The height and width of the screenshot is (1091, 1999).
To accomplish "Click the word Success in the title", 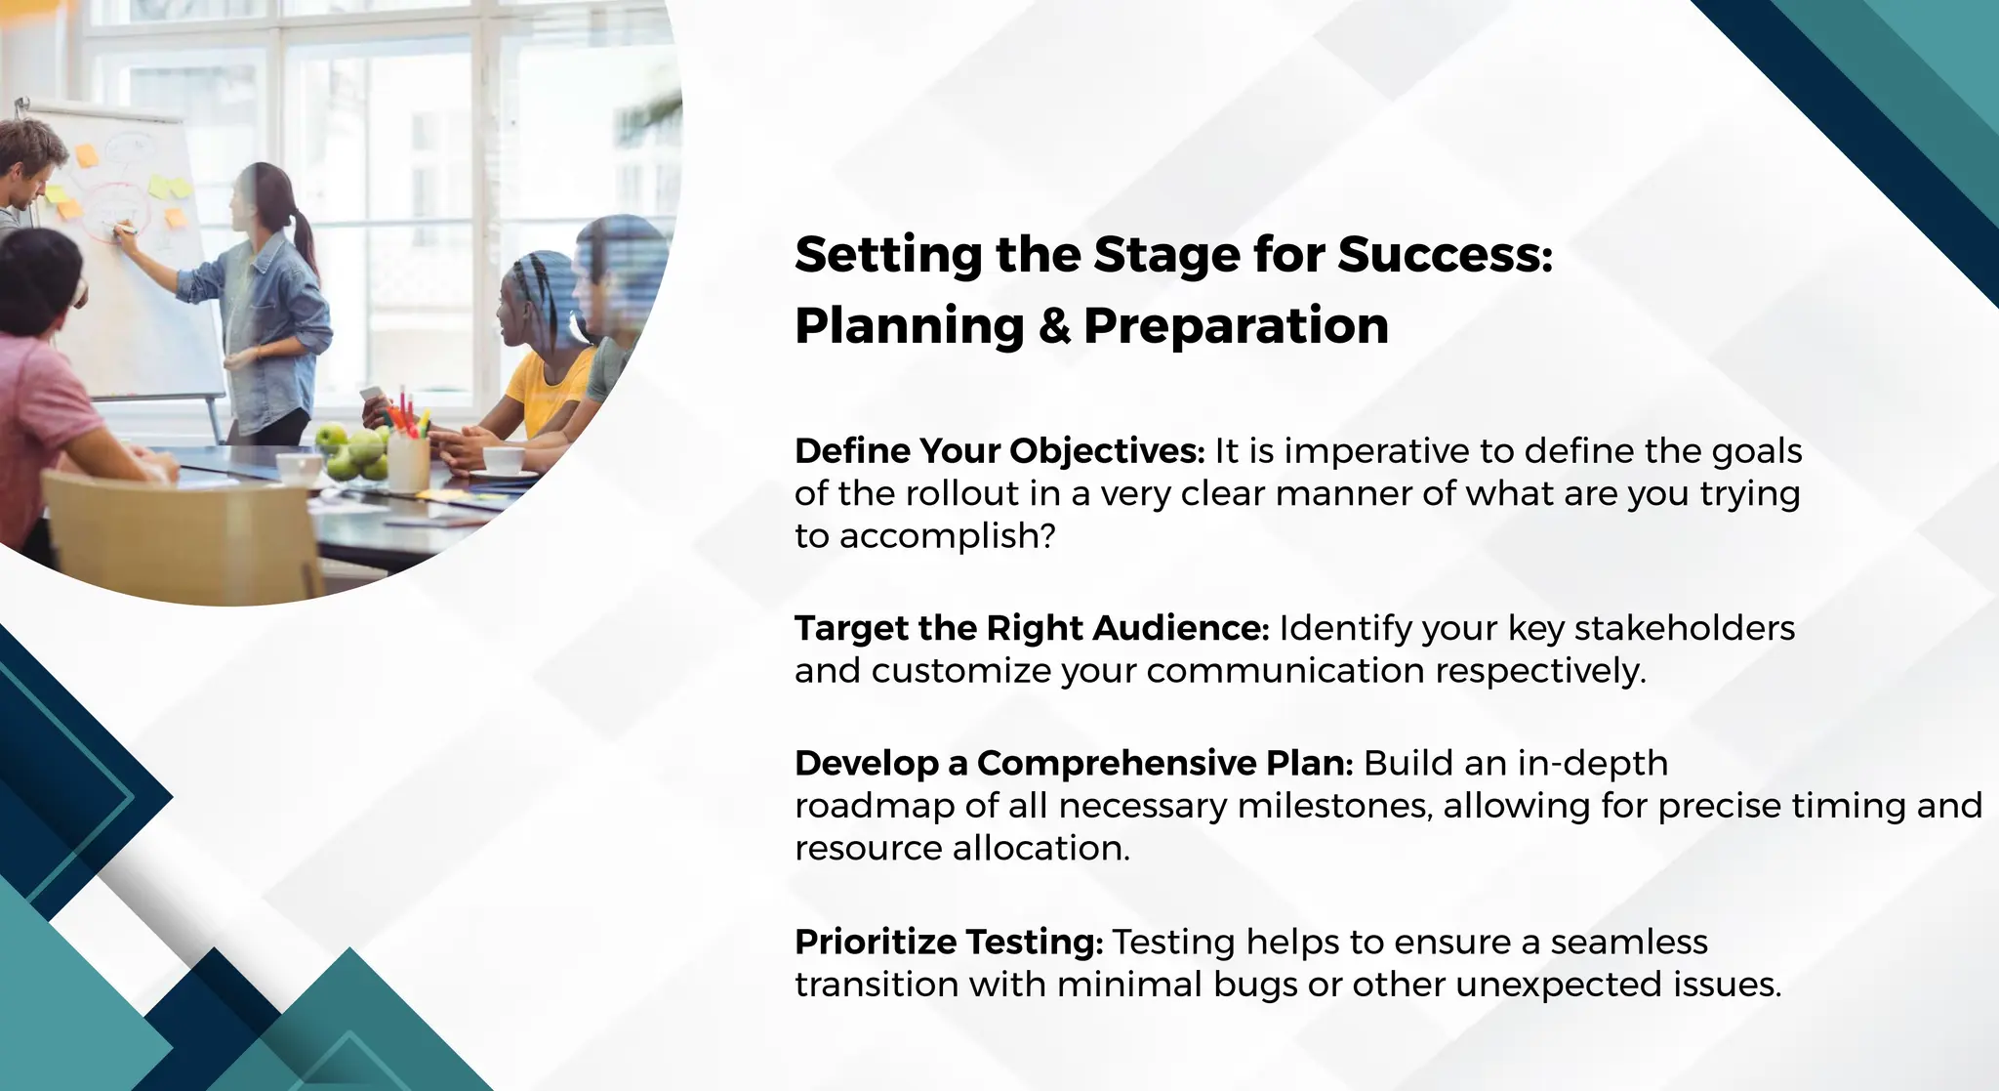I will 1443,255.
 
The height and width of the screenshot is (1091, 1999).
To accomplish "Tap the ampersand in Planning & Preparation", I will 1054,326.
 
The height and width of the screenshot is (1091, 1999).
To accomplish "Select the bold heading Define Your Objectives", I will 999,451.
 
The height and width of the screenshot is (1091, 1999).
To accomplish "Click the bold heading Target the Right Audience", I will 1031,628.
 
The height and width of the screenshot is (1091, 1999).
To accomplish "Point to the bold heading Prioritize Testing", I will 948,943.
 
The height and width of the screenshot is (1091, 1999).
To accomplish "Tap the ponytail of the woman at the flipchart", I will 305,239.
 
